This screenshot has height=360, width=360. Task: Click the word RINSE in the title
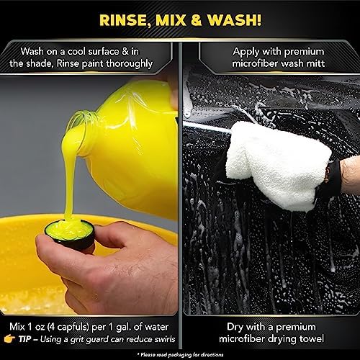click(124, 20)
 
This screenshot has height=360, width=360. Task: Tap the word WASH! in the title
click(234, 19)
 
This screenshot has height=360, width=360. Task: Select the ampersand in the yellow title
click(197, 20)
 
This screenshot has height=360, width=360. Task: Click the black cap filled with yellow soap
click(70, 235)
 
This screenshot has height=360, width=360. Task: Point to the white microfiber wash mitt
click(276, 166)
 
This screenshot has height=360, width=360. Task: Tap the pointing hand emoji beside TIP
click(10, 339)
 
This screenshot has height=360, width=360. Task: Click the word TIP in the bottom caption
click(25, 339)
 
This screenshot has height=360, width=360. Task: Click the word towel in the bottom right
click(311, 338)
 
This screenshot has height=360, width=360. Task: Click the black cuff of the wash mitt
click(331, 178)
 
